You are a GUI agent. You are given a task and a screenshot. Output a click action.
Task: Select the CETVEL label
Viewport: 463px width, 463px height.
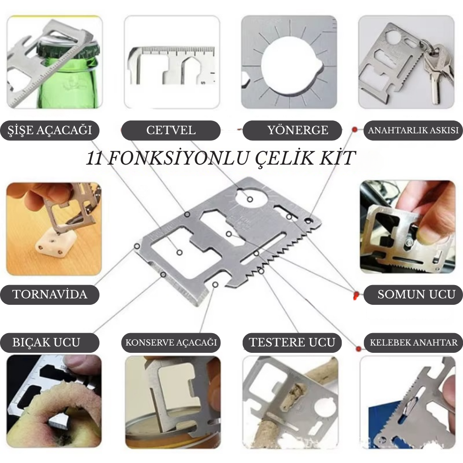click(x=171, y=130)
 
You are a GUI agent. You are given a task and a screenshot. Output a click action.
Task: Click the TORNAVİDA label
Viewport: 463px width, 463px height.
click(x=50, y=295)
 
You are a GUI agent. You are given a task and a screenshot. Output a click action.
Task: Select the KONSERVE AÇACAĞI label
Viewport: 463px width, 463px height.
click(x=171, y=343)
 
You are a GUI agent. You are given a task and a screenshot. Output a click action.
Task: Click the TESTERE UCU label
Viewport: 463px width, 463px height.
click(x=292, y=343)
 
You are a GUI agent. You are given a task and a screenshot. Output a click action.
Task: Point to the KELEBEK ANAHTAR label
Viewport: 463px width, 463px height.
click(x=413, y=343)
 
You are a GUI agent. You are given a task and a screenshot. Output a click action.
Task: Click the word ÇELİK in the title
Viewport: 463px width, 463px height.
click(x=271, y=159)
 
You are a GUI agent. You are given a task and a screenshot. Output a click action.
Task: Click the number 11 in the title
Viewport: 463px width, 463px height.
click(x=95, y=159)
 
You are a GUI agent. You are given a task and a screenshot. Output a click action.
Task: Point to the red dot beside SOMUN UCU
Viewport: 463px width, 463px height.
click(x=356, y=295)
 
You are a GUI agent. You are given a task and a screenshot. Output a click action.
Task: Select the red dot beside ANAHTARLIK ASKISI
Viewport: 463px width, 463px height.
click(x=355, y=129)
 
